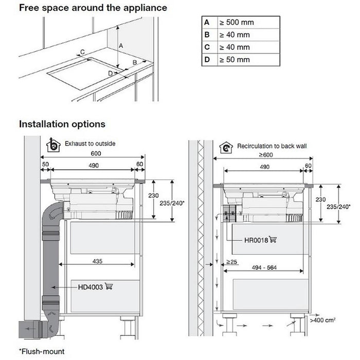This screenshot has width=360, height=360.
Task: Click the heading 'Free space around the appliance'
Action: click(93, 8)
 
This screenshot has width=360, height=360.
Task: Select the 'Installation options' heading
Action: click(62, 124)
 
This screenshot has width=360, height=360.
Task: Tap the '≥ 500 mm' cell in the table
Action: click(237, 23)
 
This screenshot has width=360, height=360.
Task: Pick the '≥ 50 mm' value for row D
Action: click(235, 60)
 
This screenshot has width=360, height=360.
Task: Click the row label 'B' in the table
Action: click(207, 35)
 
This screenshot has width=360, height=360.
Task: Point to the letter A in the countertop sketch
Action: click(121, 46)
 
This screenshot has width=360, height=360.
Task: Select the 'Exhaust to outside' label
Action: click(90, 143)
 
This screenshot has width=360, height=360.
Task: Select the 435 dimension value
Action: click(97, 261)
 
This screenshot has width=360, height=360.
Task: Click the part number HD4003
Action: click(89, 287)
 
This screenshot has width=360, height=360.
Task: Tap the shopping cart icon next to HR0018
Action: click(273, 240)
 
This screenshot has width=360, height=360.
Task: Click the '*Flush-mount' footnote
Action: click(43, 352)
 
